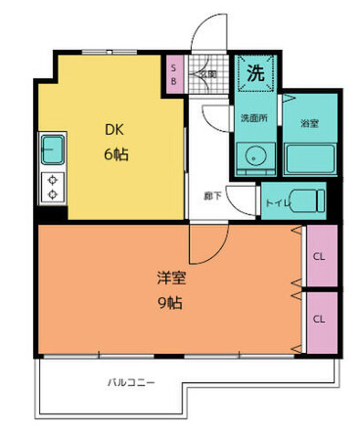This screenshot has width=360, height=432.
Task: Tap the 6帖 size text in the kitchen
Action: [116, 154]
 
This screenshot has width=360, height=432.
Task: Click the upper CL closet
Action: [319, 257]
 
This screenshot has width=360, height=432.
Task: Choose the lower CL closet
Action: [319, 319]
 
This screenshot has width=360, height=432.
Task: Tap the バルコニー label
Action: [130, 381]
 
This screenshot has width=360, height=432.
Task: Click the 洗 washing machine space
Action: [254, 72]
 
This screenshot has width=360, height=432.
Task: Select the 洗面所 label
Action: [253, 119]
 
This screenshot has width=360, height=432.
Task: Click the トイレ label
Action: [276, 202]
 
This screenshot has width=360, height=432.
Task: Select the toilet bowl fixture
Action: [307, 200]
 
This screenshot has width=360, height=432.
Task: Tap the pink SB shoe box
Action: [174, 74]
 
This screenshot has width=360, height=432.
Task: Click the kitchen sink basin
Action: [52, 151]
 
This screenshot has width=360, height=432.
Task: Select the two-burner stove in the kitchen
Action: [52, 187]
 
